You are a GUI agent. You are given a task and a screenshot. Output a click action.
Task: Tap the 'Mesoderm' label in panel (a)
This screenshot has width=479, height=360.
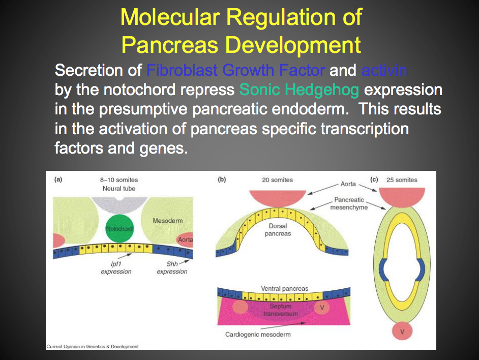(x=167, y=221)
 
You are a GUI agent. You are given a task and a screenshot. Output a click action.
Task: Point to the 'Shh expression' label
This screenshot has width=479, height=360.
(x=172, y=267)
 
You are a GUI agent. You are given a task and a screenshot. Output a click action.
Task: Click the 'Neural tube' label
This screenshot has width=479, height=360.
(x=118, y=189)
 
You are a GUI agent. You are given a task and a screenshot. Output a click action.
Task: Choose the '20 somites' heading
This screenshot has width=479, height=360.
(x=278, y=180)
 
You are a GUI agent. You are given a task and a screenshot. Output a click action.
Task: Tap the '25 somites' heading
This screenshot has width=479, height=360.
(x=402, y=180)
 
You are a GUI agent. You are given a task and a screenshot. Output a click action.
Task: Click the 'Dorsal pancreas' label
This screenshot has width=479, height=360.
(x=278, y=229)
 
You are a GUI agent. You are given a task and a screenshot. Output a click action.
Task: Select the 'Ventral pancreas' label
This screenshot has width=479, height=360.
(x=284, y=289)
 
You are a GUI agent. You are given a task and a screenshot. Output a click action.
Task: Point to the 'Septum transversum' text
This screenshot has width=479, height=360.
(x=281, y=310)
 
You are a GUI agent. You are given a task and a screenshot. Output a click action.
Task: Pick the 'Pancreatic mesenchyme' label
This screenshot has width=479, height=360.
(x=350, y=203)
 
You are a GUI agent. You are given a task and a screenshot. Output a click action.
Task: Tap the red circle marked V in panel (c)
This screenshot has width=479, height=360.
(x=402, y=332)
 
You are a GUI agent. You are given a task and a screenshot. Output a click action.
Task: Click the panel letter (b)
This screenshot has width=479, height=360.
(x=222, y=179)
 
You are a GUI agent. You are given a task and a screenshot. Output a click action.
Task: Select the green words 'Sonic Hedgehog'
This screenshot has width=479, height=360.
(x=300, y=90)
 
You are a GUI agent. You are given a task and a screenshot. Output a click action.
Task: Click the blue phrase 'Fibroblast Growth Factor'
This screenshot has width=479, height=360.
(x=235, y=70)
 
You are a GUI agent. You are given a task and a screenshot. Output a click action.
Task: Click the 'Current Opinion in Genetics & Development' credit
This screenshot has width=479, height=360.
(x=92, y=347)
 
